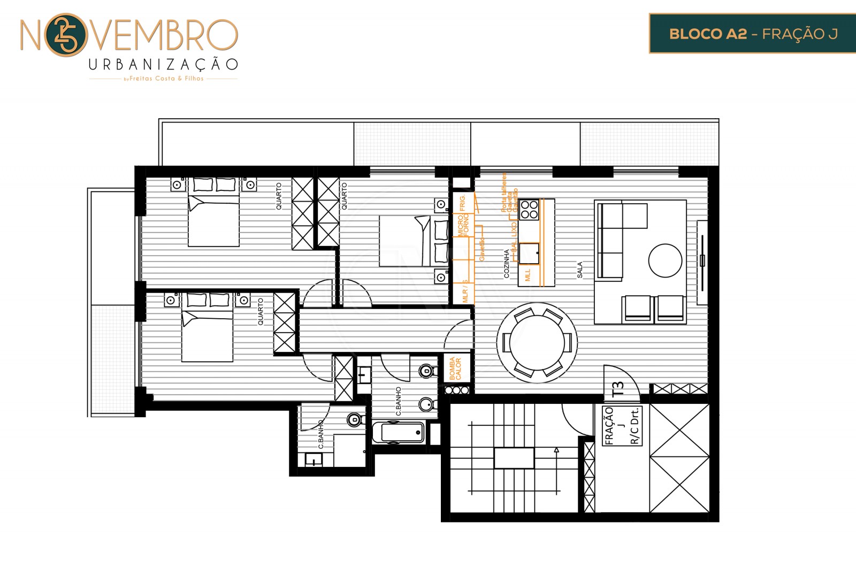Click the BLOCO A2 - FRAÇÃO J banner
752,34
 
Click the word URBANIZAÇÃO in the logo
163,65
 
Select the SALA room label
579,270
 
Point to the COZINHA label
506,263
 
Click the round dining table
537,342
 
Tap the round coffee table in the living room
665,260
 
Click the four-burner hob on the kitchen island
529,209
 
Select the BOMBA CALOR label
455,369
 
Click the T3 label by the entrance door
618,388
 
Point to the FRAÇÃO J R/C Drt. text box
622,426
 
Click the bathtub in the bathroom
398,432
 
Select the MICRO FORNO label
463,225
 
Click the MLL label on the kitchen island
528,275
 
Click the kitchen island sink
529,253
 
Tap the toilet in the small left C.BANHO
354,419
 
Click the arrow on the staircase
556,450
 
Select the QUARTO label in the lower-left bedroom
261,312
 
